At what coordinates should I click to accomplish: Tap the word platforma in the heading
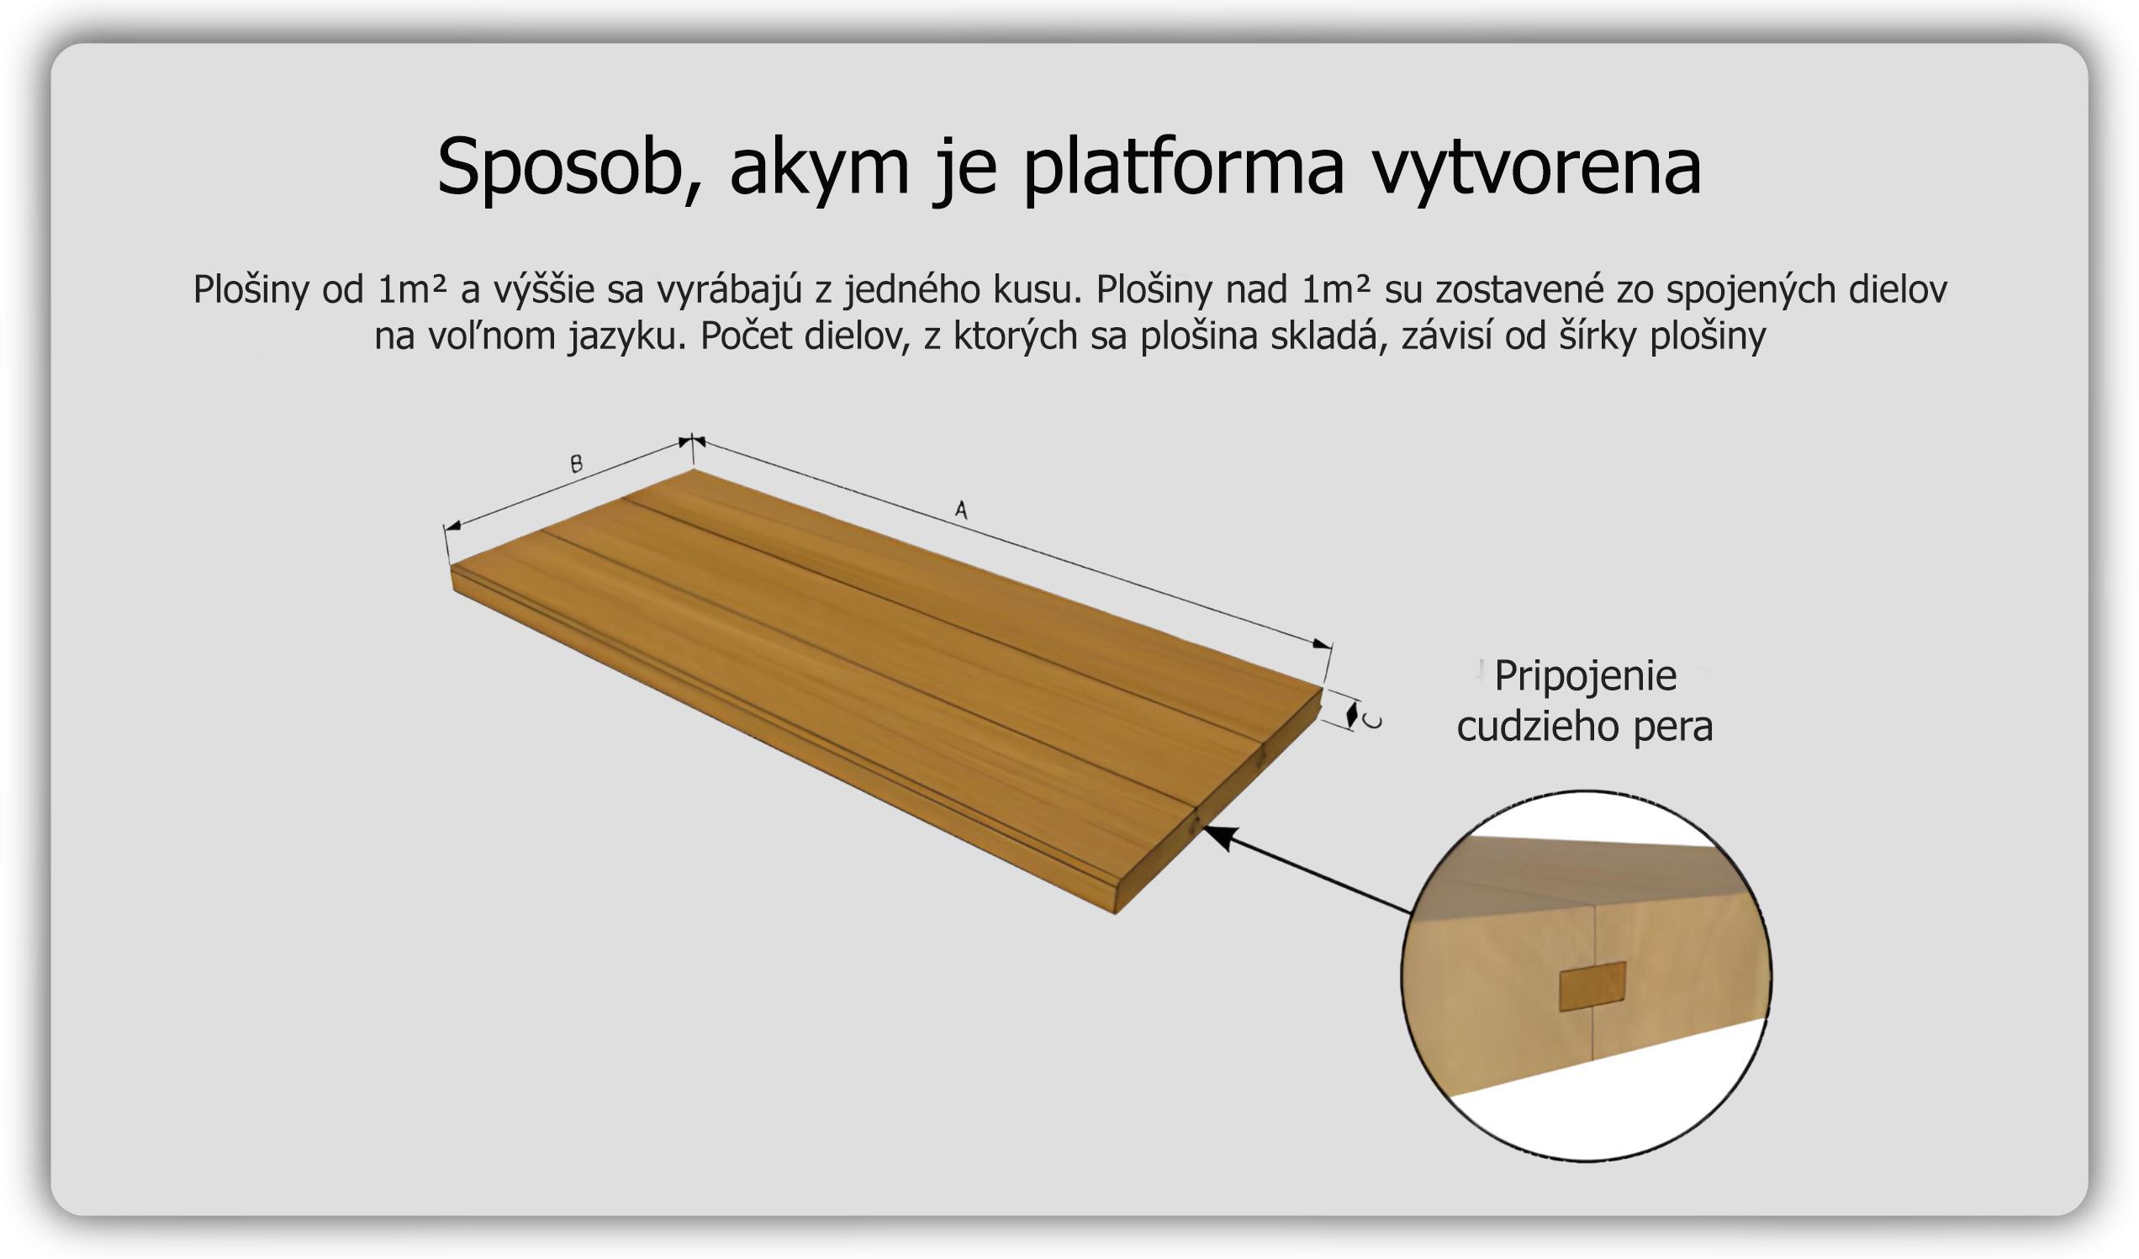click(x=1184, y=167)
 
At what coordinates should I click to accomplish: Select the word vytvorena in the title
click(x=1537, y=167)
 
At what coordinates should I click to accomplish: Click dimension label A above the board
click(x=961, y=510)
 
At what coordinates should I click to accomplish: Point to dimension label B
click(x=576, y=463)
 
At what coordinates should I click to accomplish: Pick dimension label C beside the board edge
click(x=1372, y=722)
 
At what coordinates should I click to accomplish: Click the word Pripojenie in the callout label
click(x=1586, y=677)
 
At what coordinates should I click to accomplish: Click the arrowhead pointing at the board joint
click(x=1219, y=837)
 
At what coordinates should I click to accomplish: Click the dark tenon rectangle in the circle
click(x=1592, y=987)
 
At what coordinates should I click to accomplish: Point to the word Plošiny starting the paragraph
click(x=251, y=289)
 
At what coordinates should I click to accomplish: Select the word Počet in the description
click(x=745, y=336)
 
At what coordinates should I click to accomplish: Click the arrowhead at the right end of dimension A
click(x=1323, y=644)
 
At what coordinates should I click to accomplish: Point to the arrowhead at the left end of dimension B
click(x=452, y=526)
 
